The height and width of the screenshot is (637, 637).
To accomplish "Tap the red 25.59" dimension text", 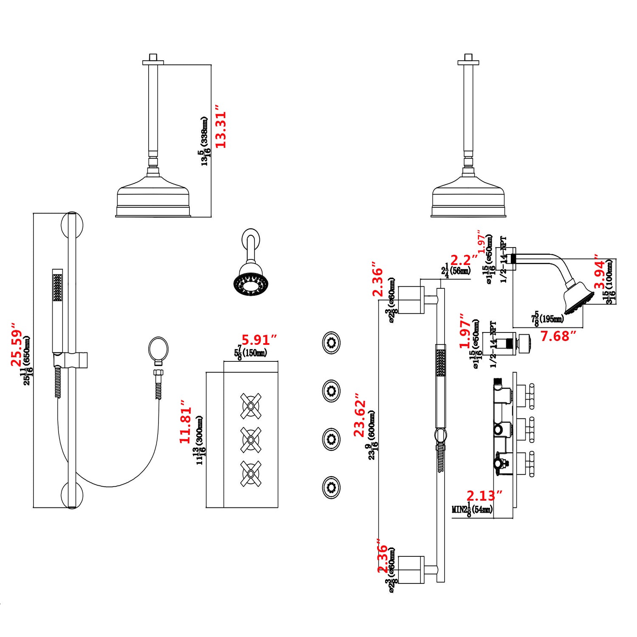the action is tap(17, 344).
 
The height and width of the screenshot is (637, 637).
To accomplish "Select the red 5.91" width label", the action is tap(259, 340).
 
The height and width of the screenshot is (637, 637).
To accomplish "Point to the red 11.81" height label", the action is tap(186, 422).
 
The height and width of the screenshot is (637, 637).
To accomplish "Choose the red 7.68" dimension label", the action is tap(558, 336).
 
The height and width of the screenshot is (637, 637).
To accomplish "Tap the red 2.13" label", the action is tap(485, 496).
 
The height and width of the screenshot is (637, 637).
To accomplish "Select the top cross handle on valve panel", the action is tap(251, 406).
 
